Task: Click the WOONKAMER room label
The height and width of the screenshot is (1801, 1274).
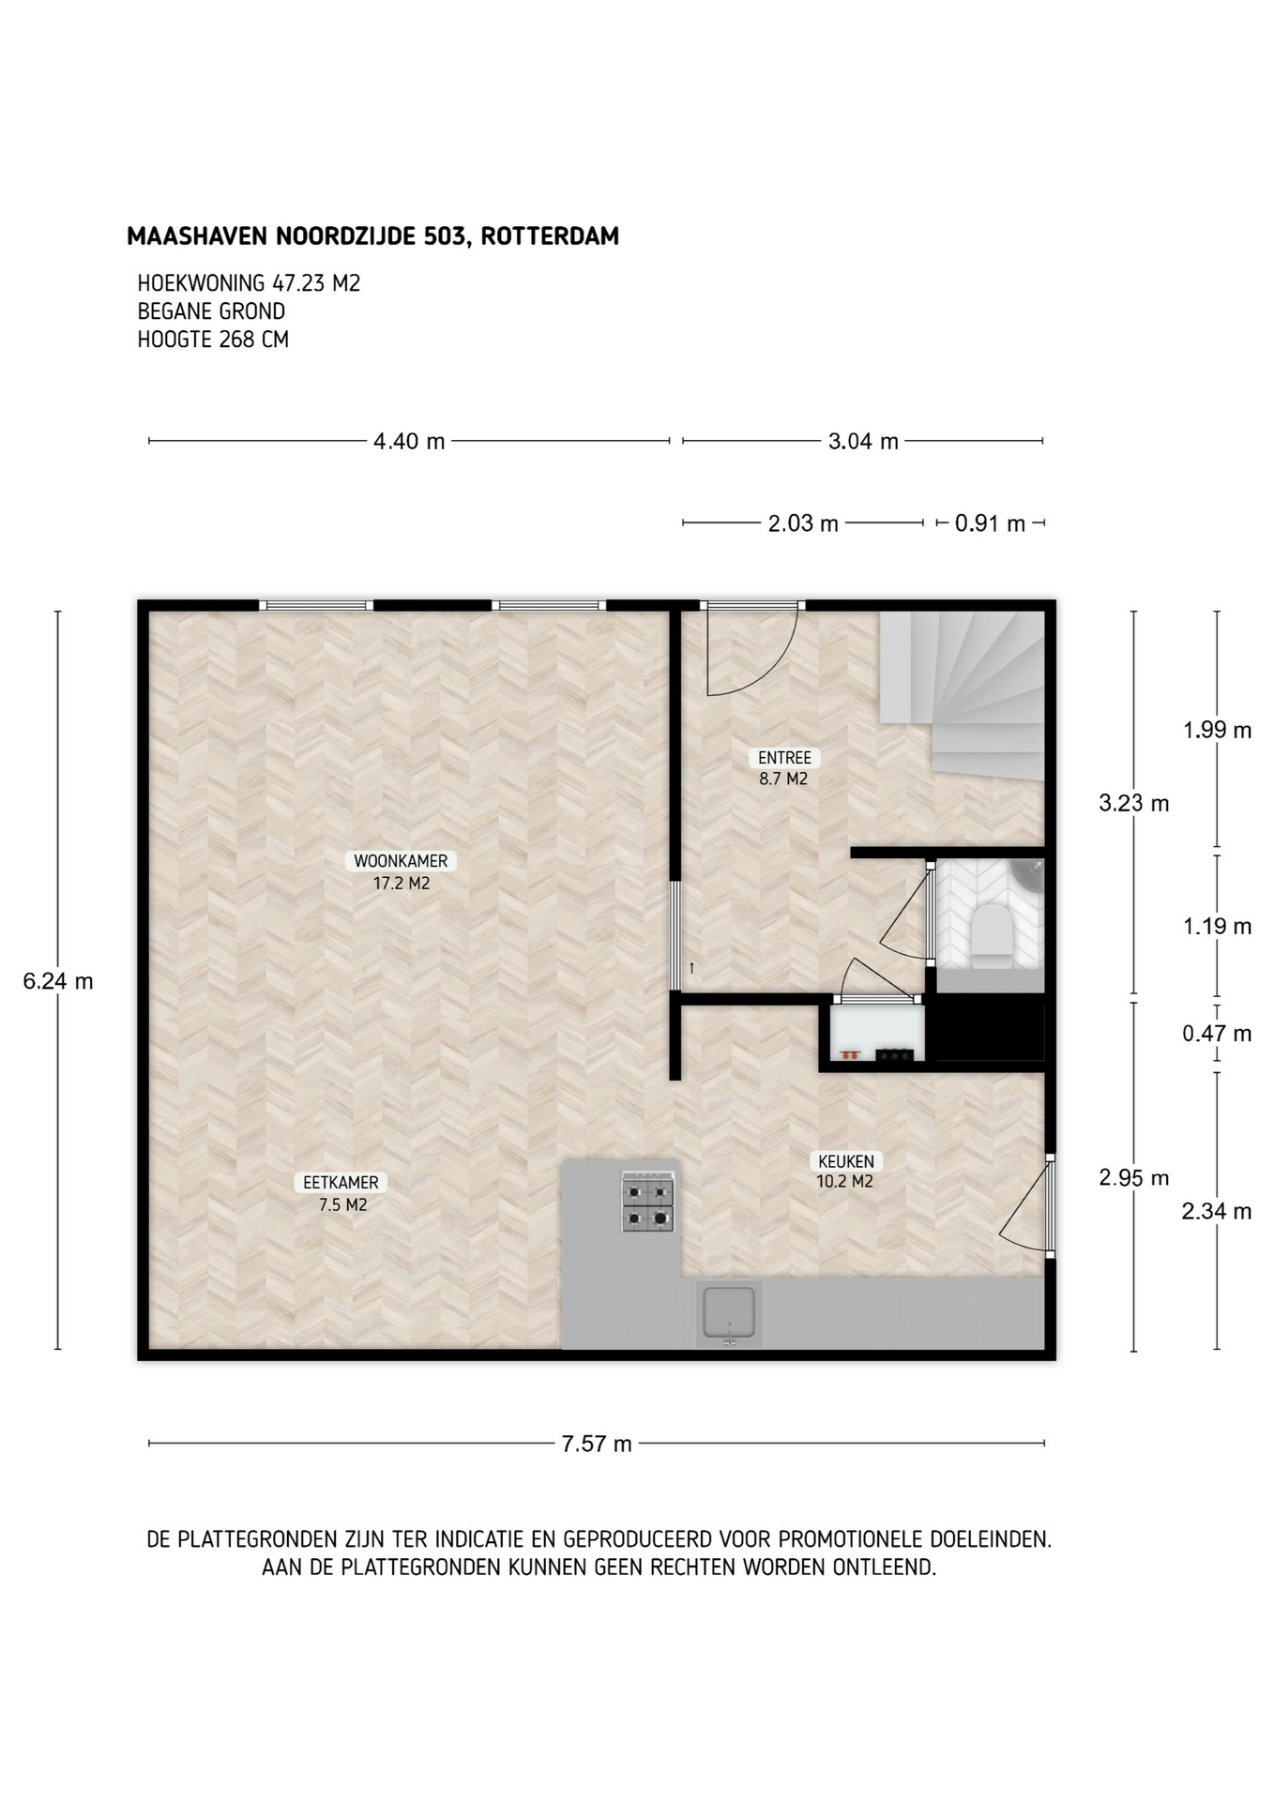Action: (x=401, y=861)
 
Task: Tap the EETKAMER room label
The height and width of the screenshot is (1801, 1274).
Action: (x=341, y=1183)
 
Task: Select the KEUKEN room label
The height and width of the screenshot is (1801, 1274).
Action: (x=844, y=1161)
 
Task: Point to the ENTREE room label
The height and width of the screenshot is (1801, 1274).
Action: (x=784, y=758)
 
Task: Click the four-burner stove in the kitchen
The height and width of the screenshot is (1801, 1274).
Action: (x=648, y=1202)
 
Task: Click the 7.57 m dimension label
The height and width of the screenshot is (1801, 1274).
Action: (x=597, y=1444)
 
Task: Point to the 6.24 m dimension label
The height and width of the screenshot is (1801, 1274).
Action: (x=58, y=981)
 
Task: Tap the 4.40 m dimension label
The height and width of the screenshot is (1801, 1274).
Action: (x=409, y=441)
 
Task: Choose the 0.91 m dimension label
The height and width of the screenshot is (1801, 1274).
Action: (x=990, y=523)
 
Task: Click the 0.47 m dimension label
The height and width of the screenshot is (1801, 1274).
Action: (x=1217, y=1034)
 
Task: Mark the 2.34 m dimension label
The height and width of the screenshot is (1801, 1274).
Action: (x=1217, y=1211)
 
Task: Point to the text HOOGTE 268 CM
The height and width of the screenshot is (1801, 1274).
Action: (x=213, y=340)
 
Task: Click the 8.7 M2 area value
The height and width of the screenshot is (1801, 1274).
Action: (x=783, y=779)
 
